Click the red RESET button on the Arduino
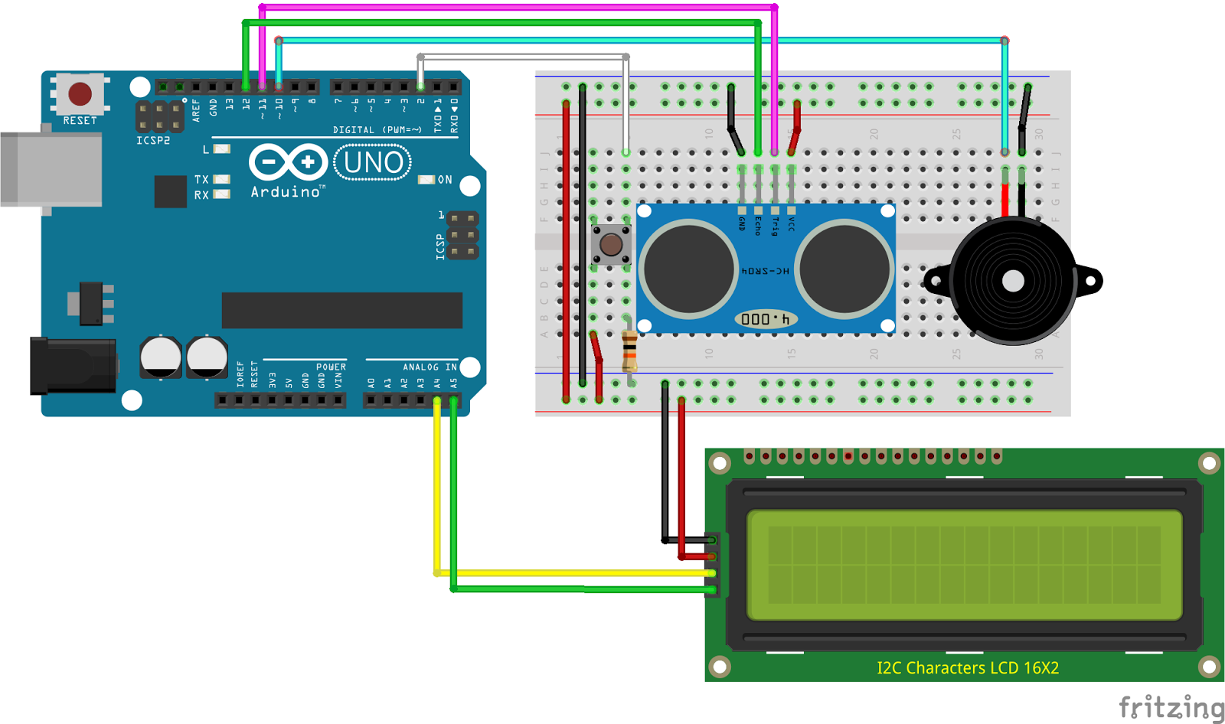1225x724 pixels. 80,94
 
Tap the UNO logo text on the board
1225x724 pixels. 373,163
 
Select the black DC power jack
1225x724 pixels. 73,367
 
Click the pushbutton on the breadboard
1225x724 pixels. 610,245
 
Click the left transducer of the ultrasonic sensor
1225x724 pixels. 688,269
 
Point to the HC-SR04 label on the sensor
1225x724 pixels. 765,271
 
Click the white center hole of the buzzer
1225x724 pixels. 1013,282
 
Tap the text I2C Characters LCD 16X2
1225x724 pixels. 968,668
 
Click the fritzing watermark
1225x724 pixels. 1171,707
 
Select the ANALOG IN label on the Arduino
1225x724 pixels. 430,367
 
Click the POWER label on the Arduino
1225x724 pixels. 331,367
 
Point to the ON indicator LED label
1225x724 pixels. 445,180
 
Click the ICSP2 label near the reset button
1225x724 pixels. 153,141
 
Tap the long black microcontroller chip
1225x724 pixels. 341,310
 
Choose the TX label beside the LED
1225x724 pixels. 201,179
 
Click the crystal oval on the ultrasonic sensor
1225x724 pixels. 766,319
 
